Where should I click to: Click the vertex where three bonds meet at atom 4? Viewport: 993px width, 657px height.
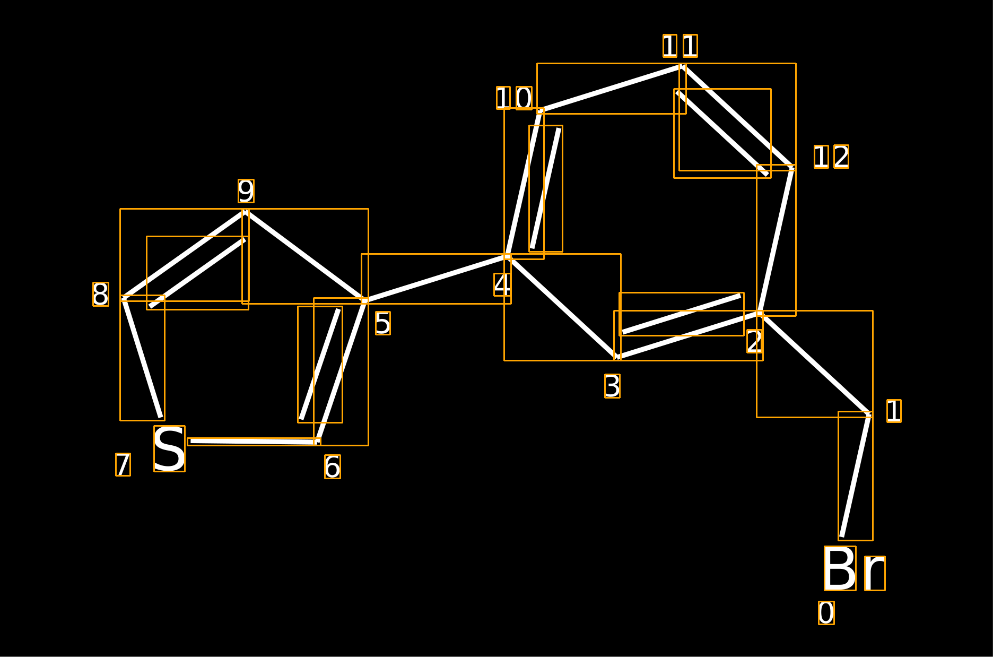(508, 257)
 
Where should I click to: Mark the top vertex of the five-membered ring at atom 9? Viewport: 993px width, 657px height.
(246, 212)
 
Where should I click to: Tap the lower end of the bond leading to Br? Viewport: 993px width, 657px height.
(842, 537)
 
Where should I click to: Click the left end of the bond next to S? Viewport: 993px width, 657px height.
(191, 441)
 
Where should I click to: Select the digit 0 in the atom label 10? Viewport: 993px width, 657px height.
(524, 98)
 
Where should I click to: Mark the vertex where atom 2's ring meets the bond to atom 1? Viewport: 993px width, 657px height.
(760, 314)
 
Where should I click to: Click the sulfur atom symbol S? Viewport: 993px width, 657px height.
(169, 448)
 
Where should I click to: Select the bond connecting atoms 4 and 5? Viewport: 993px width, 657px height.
(436, 279)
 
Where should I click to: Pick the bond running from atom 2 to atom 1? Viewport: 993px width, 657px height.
(815, 364)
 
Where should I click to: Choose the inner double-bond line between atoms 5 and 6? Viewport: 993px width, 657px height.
(320, 365)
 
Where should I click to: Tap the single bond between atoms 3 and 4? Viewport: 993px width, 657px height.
(562, 307)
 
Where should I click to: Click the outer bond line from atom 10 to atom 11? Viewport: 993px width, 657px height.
(612, 89)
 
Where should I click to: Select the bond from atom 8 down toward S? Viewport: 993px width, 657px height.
(142, 358)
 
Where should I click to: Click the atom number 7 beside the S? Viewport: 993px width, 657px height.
(123, 465)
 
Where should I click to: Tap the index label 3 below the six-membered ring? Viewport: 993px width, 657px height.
(612, 386)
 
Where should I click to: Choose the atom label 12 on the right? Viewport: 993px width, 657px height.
(831, 157)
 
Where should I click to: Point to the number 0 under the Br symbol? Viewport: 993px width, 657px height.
(826, 613)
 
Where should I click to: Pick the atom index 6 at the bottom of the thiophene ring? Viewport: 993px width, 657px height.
(333, 467)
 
